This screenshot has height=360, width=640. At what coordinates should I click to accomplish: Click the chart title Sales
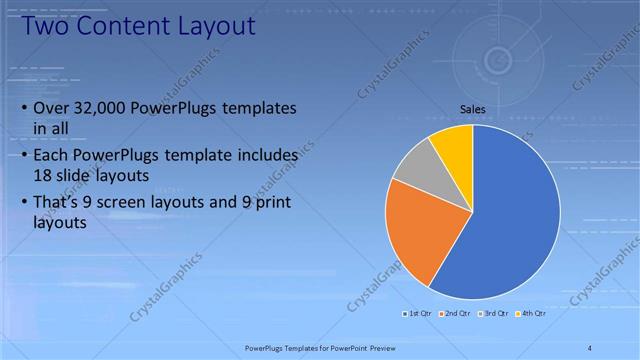(473, 108)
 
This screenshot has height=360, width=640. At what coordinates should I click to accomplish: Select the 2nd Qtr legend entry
(455, 313)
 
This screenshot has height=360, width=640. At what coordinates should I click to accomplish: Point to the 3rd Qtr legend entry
(494, 313)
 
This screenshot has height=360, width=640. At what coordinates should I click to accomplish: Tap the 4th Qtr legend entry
(531, 313)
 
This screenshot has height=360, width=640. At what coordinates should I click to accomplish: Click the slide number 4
(590, 347)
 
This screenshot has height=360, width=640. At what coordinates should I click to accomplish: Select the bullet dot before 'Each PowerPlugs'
(23, 156)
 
